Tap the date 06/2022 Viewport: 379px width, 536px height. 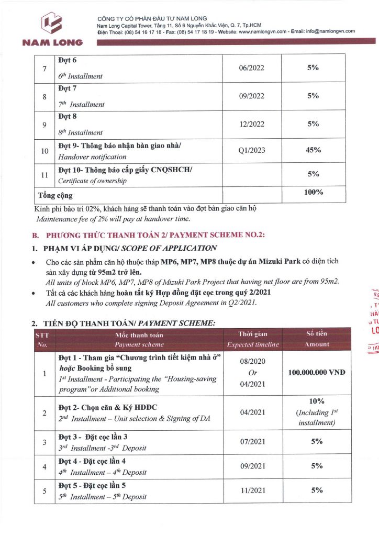coord(251,68)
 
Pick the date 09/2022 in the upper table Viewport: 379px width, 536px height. coord(251,96)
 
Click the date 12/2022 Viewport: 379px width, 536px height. coord(251,124)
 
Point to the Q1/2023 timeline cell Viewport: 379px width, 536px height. coord(251,151)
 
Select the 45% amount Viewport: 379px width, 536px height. coord(313,150)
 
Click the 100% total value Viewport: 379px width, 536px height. coord(313,193)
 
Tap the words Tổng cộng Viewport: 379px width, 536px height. coord(55,196)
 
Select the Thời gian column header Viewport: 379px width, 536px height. coord(253,339)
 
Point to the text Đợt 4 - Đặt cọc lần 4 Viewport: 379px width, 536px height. coord(92,461)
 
